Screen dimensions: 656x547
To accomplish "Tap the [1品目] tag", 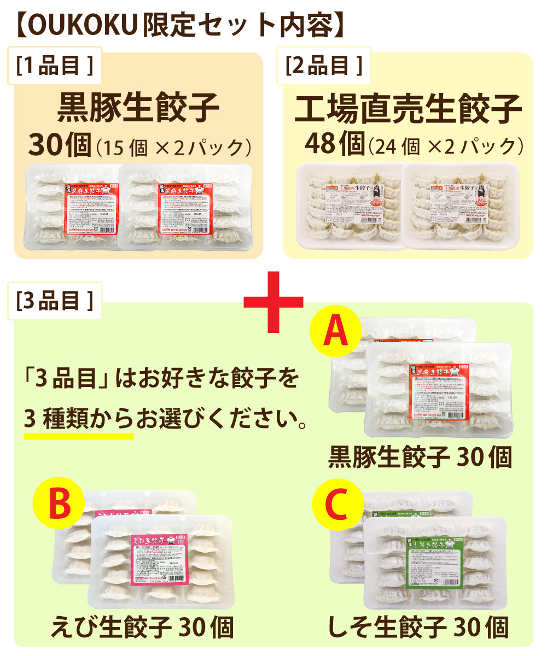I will click(x=54, y=67).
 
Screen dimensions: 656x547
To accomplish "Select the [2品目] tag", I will click(x=324, y=67).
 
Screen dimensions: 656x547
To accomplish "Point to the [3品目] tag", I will click(x=54, y=301).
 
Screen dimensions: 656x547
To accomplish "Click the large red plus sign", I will click(x=273, y=301).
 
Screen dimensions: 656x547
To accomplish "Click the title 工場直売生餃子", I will click(x=408, y=109).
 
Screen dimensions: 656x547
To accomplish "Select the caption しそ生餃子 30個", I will click(x=418, y=627).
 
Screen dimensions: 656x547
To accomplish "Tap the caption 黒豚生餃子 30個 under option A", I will click(x=420, y=458).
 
